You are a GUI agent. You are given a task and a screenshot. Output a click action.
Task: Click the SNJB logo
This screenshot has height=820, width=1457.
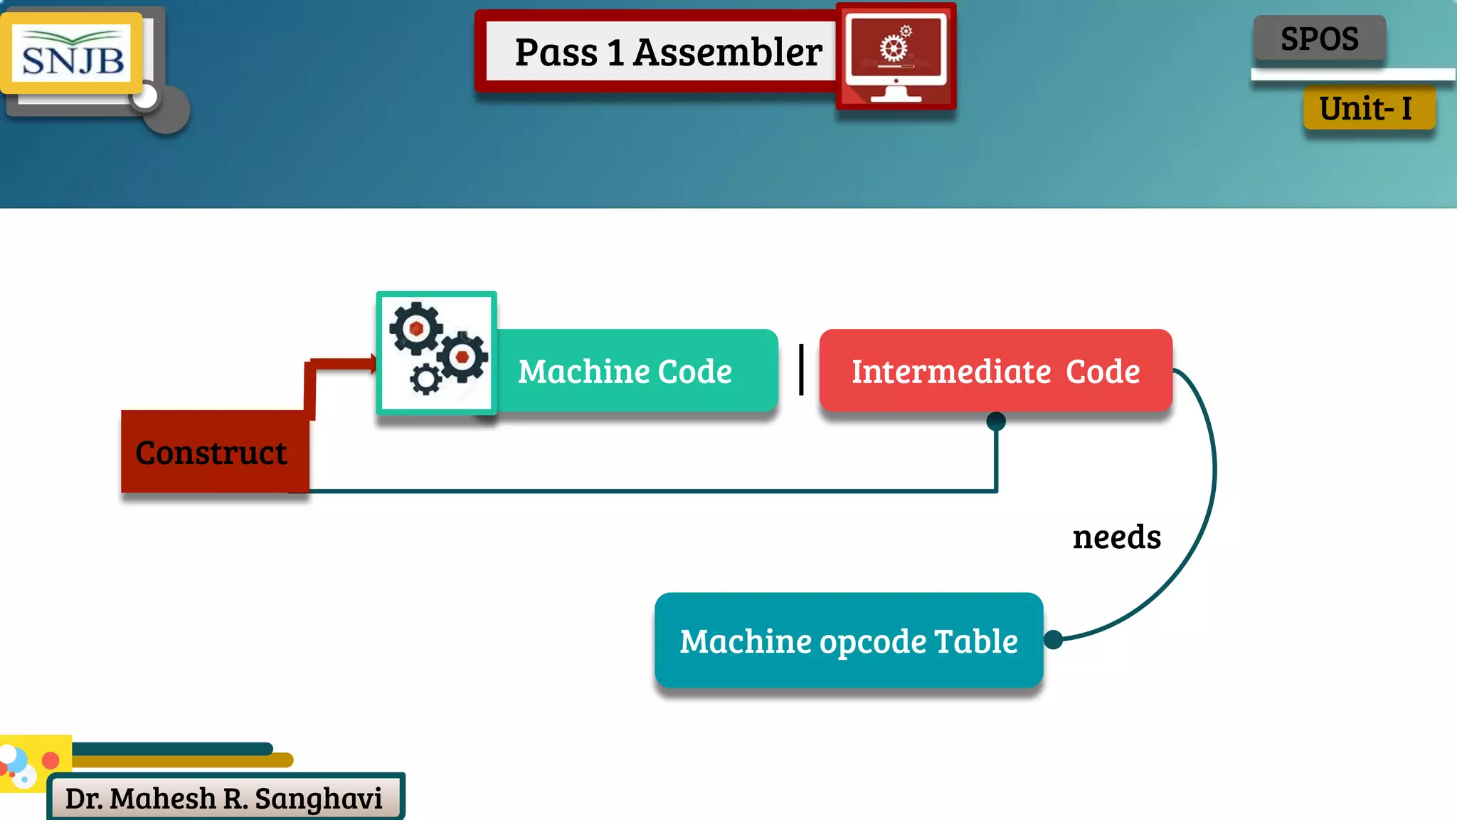coord(73,55)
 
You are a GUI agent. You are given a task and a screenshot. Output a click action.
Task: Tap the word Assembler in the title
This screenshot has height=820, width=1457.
coord(727,53)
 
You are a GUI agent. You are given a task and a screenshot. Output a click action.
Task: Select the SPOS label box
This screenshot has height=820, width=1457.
coord(1319,38)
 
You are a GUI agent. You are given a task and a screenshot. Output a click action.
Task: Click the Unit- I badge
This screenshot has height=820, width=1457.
coord(1367,109)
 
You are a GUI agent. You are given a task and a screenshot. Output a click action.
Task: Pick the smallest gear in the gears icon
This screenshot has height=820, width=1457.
coord(425,379)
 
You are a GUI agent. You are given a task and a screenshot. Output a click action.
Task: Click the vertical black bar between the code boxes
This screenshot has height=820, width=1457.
coord(801,369)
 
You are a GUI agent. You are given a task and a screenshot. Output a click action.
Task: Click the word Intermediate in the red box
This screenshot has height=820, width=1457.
coord(950,372)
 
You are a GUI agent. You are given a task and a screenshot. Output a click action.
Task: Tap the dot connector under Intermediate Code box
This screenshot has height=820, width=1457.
coord(996,421)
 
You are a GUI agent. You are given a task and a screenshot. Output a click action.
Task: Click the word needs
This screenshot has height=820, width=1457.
coord(1116,537)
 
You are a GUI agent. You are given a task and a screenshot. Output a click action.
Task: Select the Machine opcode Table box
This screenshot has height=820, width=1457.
coord(848,640)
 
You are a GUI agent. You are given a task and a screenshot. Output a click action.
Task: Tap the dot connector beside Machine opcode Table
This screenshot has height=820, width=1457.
coord(1054,639)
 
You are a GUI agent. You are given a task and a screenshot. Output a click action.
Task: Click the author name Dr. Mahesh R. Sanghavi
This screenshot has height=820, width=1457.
coord(224,799)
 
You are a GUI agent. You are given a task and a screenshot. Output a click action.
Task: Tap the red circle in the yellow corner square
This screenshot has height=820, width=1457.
coord(51,760)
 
